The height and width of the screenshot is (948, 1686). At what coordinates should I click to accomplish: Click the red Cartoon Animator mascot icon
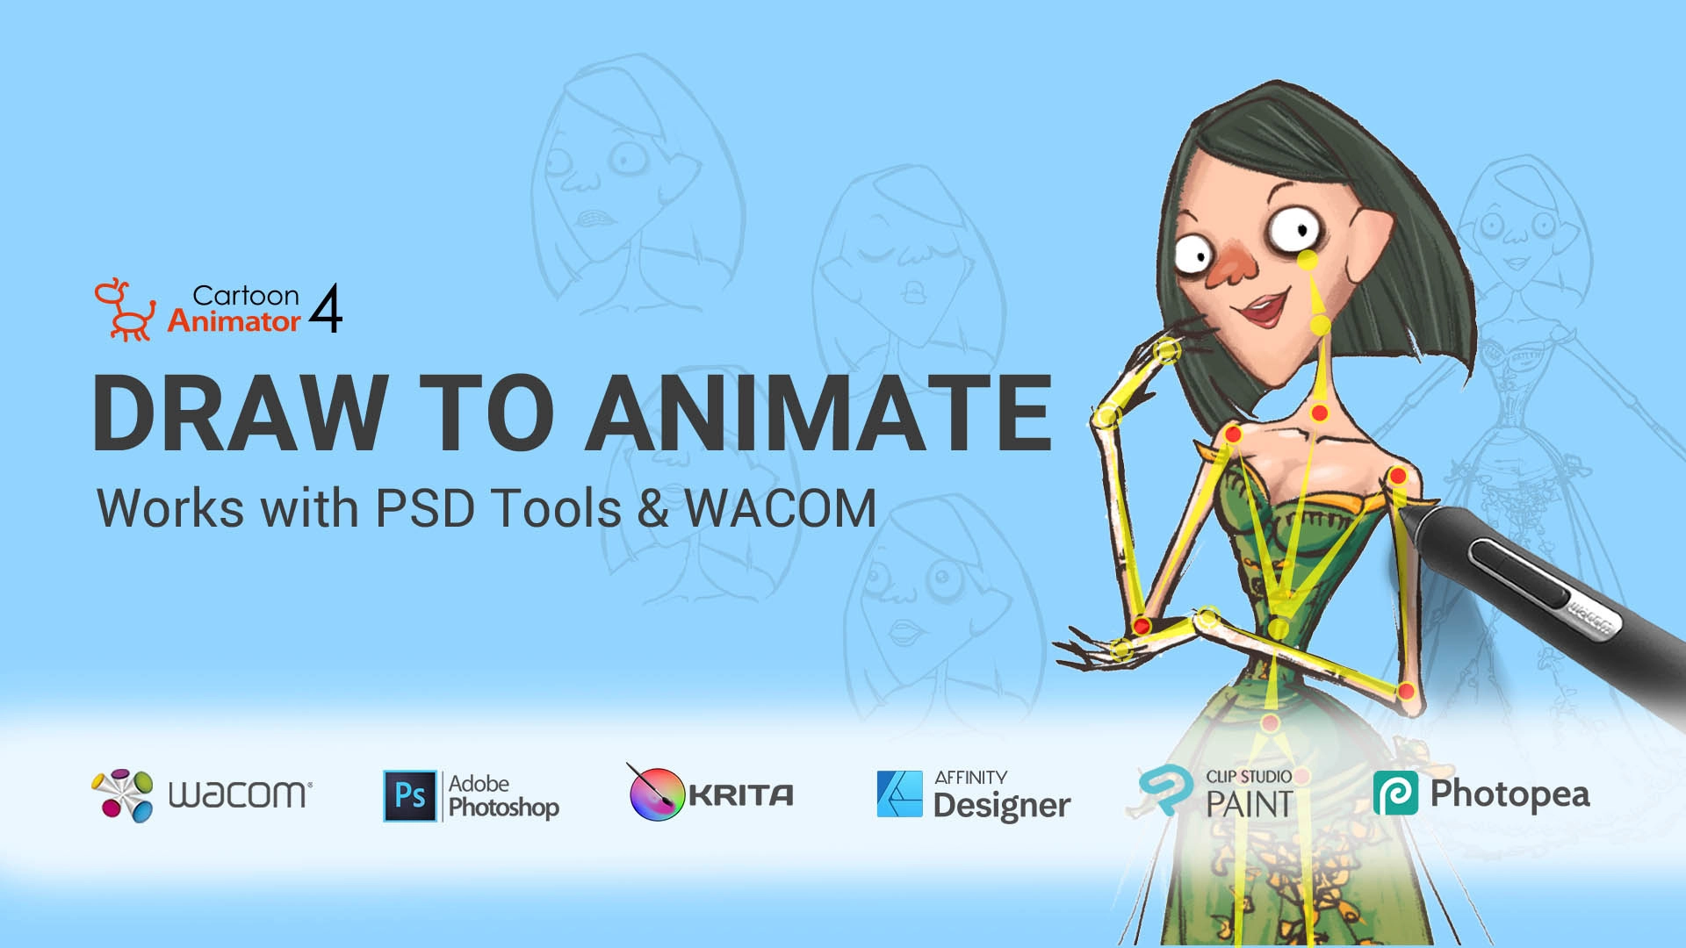[x=126, y=310]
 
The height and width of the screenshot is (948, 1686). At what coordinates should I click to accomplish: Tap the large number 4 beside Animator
[x=326, y=308]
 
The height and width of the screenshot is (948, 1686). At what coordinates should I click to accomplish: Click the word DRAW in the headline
[x=240, y=413]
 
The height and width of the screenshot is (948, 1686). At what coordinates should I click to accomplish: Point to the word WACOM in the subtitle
[x=781, y=508]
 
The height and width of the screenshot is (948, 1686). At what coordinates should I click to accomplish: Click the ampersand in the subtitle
[x=653, y=509]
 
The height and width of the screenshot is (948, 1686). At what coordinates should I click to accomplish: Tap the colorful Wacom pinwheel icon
[x=123, y=795]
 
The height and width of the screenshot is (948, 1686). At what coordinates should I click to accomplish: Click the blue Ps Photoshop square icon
[x=410, y=796]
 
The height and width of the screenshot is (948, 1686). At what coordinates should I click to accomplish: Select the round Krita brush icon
[x=656, y=793]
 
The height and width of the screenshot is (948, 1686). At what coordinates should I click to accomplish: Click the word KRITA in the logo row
[x=741, y=795]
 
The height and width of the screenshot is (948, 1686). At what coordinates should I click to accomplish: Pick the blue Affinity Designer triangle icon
[x=900, y=794]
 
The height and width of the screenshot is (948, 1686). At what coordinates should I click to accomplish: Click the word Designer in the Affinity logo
[x=1002, y=806]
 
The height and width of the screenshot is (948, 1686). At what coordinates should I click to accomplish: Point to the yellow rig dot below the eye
[x=1308, y=260]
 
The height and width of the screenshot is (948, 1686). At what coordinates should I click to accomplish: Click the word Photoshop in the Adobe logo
[x=504, y=808]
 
